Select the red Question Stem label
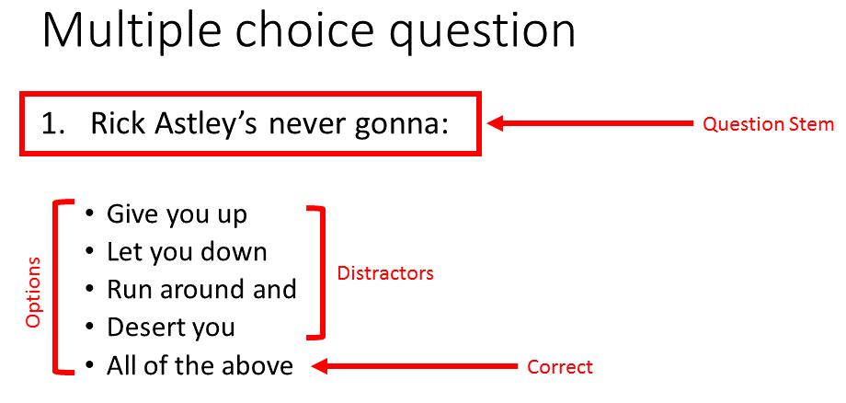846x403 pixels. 768,124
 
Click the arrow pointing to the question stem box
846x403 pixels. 589,123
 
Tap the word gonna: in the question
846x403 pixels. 412,126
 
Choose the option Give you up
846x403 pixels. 177,214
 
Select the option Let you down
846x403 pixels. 187,251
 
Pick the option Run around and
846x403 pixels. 201,289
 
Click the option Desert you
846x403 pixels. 170,327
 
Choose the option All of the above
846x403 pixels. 200,366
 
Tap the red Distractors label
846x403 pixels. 385,273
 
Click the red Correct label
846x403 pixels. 559,367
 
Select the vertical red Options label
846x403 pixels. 33,292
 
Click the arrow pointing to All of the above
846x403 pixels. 415,367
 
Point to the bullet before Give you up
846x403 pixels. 89,213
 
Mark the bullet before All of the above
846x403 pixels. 89,364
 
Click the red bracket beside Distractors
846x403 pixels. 323,272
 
